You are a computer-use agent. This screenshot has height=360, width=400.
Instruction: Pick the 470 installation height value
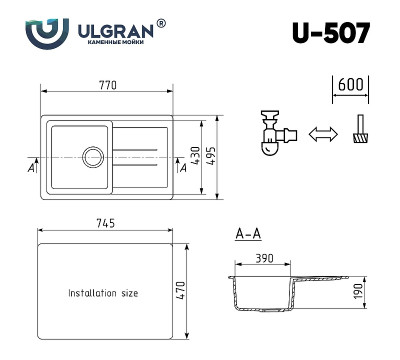point(183,291)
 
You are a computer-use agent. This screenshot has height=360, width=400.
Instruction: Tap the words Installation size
point(103,293)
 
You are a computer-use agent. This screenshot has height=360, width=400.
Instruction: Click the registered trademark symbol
point(162,22)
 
